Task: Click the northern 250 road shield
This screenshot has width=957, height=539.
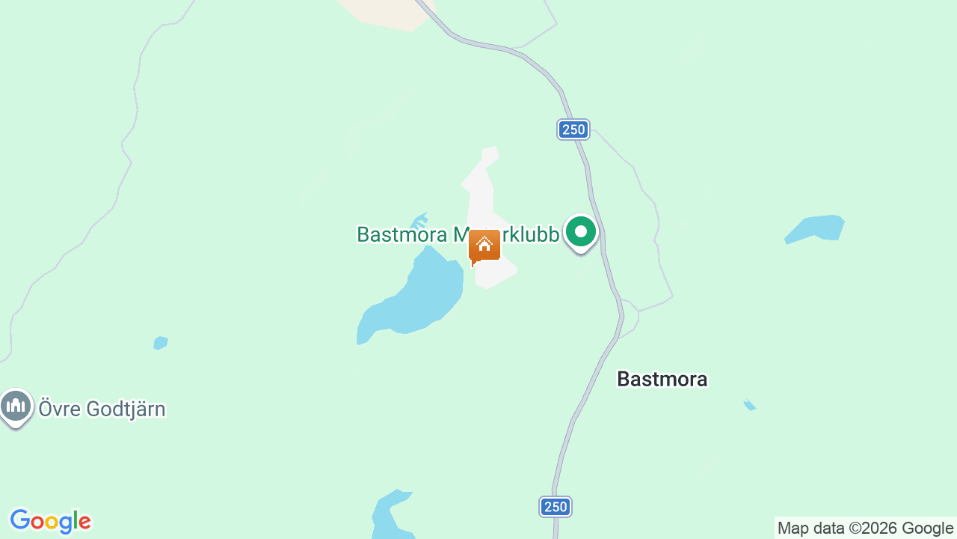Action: coord(573,130)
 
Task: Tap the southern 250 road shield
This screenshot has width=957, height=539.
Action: coord(556,507)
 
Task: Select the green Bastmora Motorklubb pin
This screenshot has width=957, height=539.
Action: coord(580,232)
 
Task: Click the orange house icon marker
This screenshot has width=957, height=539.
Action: coord(484,246)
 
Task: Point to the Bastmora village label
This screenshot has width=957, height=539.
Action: coord(662,380)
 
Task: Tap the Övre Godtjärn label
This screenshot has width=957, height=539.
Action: coord(102,409)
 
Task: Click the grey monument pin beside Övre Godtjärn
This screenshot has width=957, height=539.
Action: coord(16,406)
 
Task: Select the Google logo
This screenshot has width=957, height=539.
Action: coord(50,521)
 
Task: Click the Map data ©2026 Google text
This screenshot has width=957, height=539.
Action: coord(865,529)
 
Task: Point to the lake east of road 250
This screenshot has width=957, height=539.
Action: coord(816,228)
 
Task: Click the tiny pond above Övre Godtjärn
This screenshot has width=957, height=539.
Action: coord(160,343)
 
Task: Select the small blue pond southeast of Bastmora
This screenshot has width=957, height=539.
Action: coord(750,406)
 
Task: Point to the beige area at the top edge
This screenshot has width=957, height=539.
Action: coord(385,13)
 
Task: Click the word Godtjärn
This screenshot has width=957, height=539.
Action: coord(126,409)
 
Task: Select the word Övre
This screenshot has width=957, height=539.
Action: coord(60,409)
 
